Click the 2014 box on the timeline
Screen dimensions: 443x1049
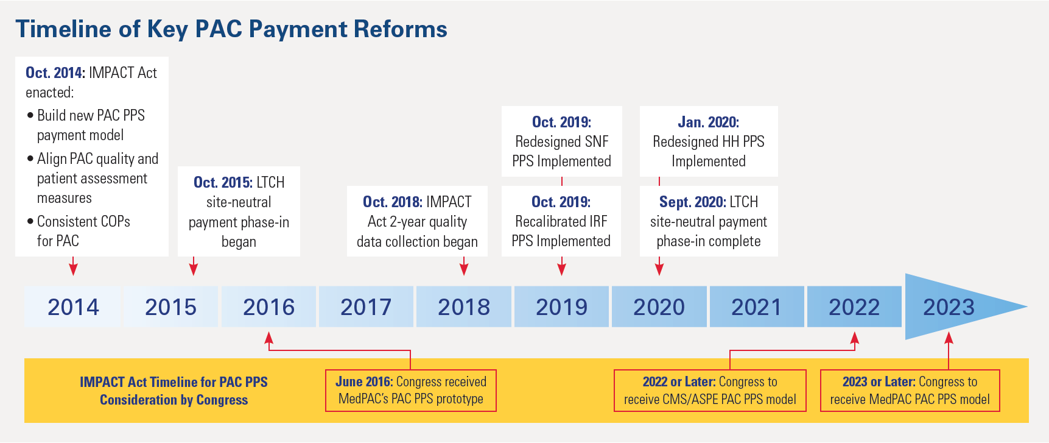click(72, 307)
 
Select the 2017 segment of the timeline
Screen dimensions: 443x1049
click(366, 307)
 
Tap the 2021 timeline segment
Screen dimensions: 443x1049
click(756, 307)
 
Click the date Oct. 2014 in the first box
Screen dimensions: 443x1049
click(55, 73)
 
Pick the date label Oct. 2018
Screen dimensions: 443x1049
click(392, 202)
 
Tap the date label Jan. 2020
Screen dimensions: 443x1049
click(708, 122)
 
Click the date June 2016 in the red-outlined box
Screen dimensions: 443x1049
click(363, 381)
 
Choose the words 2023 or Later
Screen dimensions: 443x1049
click(879, 381)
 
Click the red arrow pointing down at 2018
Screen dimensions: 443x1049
click(464, 268)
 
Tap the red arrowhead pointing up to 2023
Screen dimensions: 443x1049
click(949, 337)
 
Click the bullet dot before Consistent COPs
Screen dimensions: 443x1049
click(30, 221)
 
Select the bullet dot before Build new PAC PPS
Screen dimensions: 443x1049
click(30, 115)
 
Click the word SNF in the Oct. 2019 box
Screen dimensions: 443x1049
click(597, 141)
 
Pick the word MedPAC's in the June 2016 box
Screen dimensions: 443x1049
click(363, 399)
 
